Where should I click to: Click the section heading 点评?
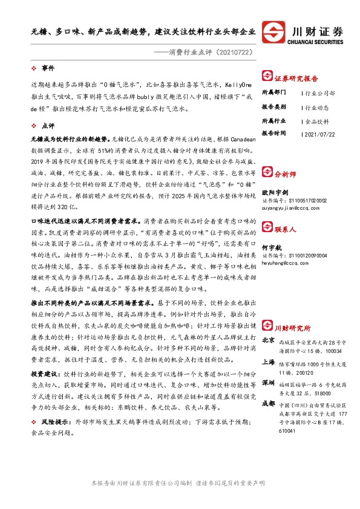48,126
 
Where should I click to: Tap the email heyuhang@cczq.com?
282,262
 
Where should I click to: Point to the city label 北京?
268,341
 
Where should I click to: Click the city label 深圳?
268,384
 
